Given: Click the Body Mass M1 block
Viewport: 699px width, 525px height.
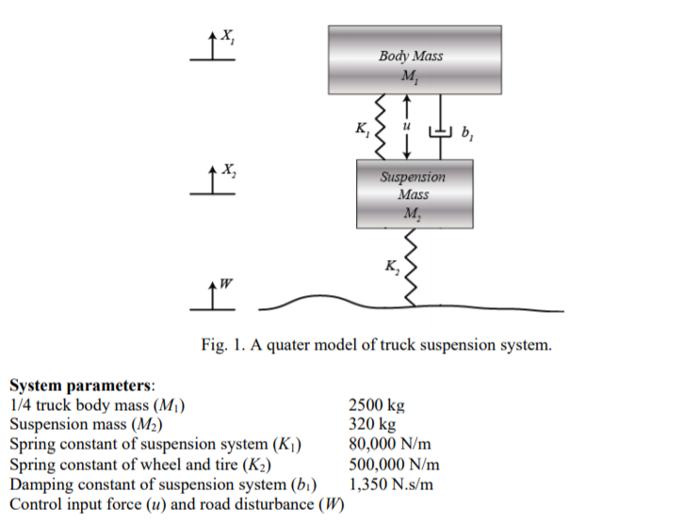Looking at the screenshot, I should pyautogui.click(x=415, y=58).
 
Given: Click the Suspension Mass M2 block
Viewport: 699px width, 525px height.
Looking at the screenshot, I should pyautogui.click(x=414, y=193).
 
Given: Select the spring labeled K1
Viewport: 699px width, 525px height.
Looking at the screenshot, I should pyautogui.click(x=381, y=125).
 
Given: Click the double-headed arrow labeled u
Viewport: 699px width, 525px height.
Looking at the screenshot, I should pyautogui.click(x=406, y=125).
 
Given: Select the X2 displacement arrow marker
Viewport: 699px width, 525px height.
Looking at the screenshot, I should pyautogui.click(x=211, y=182).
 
